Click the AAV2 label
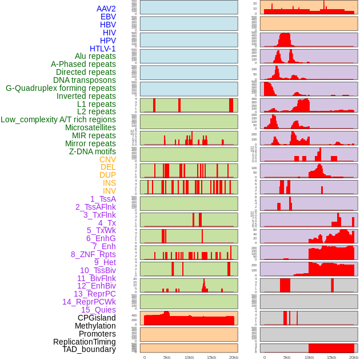point(106,9)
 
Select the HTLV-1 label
point(102,49)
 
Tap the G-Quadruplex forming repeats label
point(61,88)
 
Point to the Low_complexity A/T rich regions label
point(58,119)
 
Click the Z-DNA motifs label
point(93,151)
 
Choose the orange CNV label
point(107,159)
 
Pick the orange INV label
point(109,191)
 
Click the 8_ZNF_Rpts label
point(93,254)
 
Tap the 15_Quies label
point(98,310)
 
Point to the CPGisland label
point(97,318)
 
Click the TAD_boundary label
point(89,349)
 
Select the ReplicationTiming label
point(84,342)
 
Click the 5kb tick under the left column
point(167,357)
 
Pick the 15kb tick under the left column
point(211,357)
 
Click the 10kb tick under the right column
point(309,357)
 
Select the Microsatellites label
point(90,127)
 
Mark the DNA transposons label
point(85,80)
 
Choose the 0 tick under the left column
point(145,357)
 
